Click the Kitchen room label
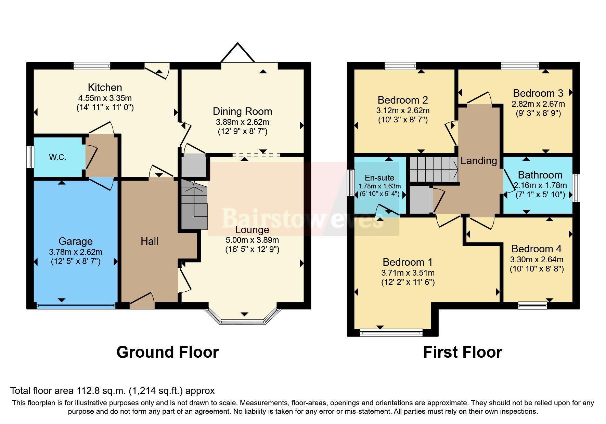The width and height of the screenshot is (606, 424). pyautogui.click(x=105, y=88)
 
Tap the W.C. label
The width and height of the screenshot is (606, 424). pyautogui.click(x=57, y=157)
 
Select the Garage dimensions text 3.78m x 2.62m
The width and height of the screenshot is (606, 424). pyautogui.click(x=76, y=252)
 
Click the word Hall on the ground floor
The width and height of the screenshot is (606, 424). pyautogui.click(x=149, y=241)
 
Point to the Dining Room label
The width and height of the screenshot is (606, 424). pyautogui.click(x=242, y=111)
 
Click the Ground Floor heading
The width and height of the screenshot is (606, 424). pyautogui.click(x=167, y=352)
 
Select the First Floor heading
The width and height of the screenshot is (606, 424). pyautogui.click(x=462, y=352)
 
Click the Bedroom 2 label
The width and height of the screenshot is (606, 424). pyautogui.click(x=403, y=100)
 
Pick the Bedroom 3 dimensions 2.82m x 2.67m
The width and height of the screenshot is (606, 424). pyautogui.click(x=538, y=104)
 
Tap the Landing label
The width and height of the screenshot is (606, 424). pyautogui.click(x=478, y=161)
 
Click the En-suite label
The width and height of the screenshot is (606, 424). pyautogui.click(x=379, y=178)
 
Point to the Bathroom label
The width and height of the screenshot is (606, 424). pyautogui.click(x=540, y=175)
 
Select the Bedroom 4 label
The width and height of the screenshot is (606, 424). pyautogui.click(x=537, y=249)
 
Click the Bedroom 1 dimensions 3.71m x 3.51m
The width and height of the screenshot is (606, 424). pyautogui.click(x=408, y=273)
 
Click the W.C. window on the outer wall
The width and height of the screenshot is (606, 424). pyautogui.click(x=30, y=157)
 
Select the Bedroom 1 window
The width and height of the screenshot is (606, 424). pyautogui.click(x=391, y=332)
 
